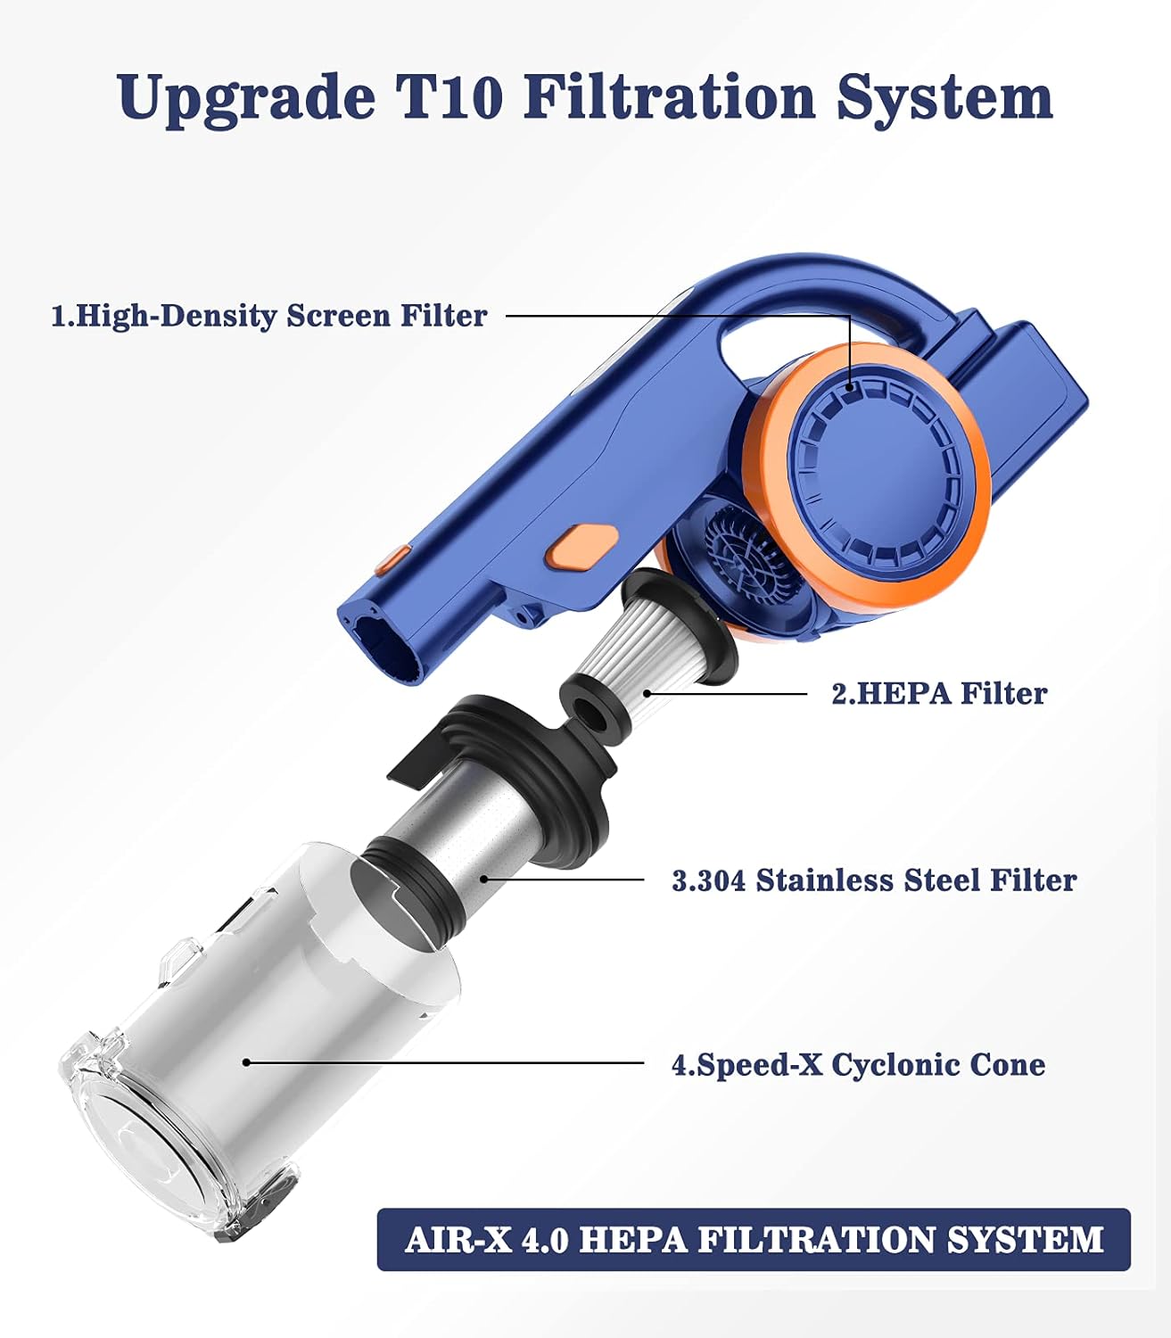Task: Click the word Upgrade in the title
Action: pos(246,99)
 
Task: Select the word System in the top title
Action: pos(944,99)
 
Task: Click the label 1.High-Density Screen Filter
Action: pos(269,317)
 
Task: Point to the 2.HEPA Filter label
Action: pos(939,693)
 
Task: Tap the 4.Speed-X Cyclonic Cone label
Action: pos(858,1065)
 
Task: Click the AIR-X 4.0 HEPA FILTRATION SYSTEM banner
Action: pos(754,1239)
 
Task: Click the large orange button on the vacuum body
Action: pos(581,546)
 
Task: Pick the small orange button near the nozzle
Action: pos(393,560)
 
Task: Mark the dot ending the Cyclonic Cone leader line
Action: pos(246,1062)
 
